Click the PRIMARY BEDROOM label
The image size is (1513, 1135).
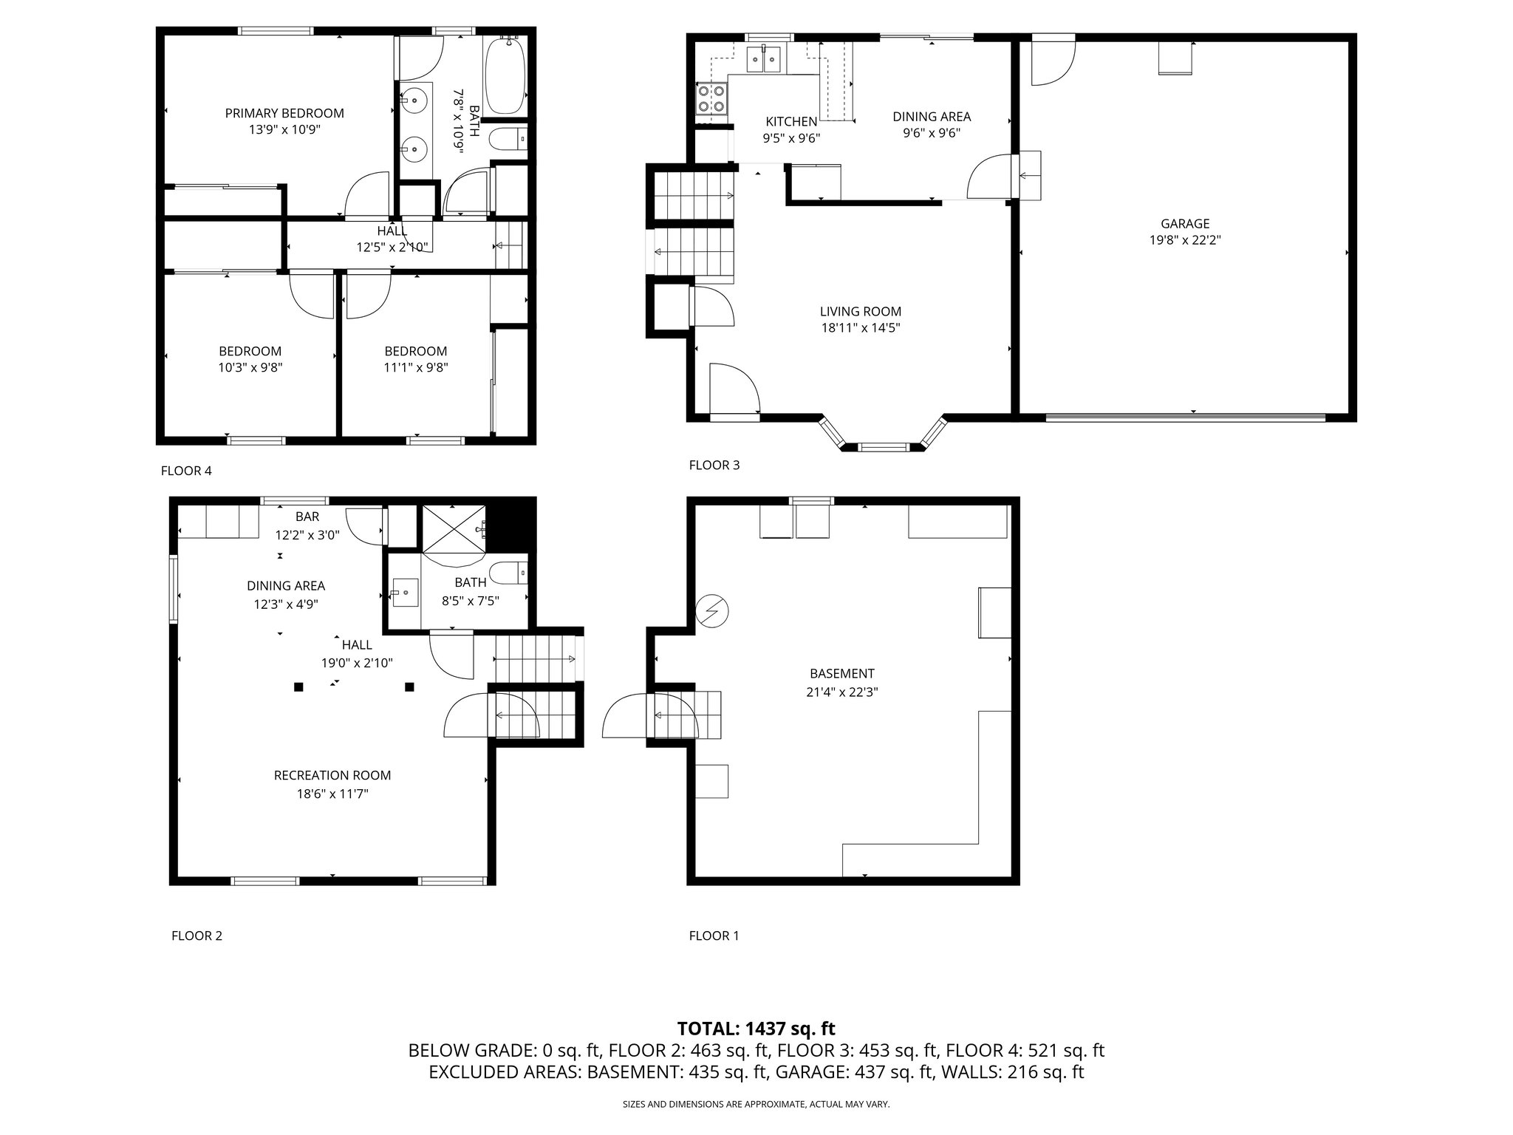click(x=284, y=113)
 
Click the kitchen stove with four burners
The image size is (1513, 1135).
click(x=711, y=98)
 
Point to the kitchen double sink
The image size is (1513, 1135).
click(x=764, y=58)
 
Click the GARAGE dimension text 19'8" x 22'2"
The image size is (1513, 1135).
click(x=1185, y=239)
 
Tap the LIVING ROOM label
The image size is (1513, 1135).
click(x=860, y=312)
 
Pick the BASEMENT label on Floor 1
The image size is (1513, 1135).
click(x=841, y=673)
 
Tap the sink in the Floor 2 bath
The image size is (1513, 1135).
click(x=405, y=592)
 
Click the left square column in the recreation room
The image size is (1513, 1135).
click(x=298, y=687)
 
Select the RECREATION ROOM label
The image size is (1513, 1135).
click(x=332, y=775)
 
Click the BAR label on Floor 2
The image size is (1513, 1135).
click(x=307, y=517)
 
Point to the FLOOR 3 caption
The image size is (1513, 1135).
click(x=714, y=465)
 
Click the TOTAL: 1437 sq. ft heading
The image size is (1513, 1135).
click(x=756, y=1028)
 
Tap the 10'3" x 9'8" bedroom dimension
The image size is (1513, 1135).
click(x=250, y=367)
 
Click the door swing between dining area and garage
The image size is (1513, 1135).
click(x=988, y=177)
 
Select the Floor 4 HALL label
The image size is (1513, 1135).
click(x=392, y=231)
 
